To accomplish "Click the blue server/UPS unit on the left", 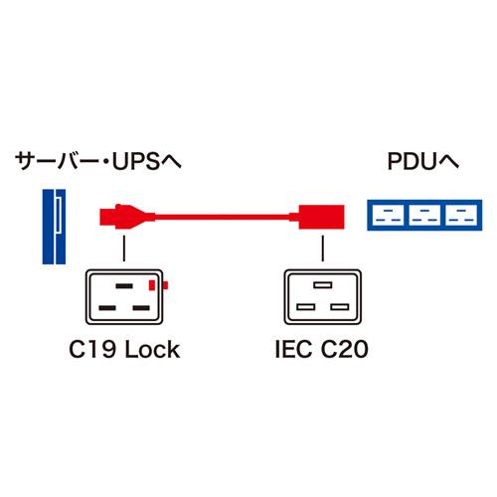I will click(x=53, y=227).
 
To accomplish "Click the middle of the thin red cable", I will click(x=219, y=214).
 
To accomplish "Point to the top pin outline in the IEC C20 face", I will click(x=320, y=286).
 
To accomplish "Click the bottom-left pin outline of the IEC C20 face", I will click(x=301, y=308).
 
